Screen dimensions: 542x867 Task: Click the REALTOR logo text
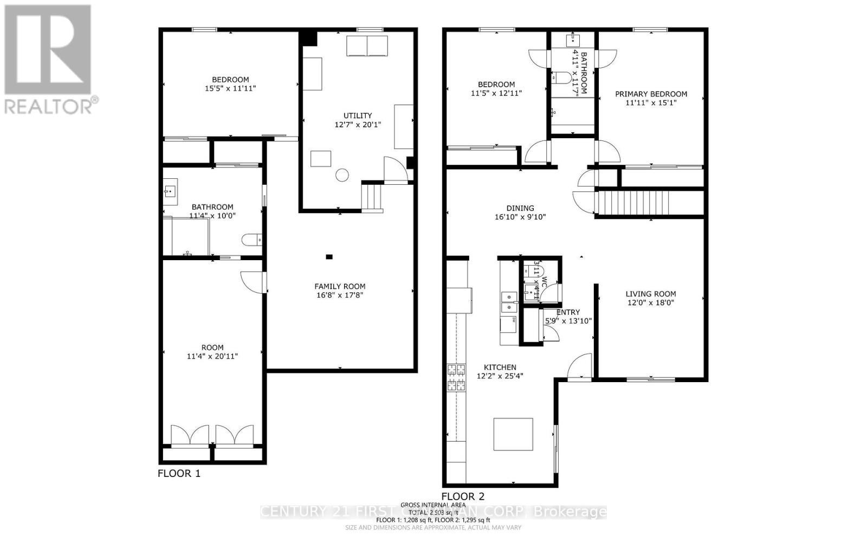tap(51, 106)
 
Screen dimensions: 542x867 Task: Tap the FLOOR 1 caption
tap(179, 474)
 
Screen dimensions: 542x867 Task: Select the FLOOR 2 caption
tap(463, 496)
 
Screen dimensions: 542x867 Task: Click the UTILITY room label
tap(358, 115)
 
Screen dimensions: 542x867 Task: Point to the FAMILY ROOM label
tap(340, 286)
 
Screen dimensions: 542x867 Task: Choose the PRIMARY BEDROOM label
tap(651, 94)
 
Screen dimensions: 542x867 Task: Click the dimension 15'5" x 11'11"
tap(230, 88)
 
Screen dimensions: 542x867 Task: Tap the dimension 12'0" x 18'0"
tap(650, 303)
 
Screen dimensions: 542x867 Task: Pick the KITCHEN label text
tap(500, 367)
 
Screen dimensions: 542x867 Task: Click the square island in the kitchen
tap(513, 434)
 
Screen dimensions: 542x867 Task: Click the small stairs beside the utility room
tap(372, 196)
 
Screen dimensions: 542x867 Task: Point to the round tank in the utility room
tap(342, 175)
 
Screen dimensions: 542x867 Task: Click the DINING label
tap(520, 208)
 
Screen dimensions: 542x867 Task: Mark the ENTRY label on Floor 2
tap(568, 312)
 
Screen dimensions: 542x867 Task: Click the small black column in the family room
tap(329, 256)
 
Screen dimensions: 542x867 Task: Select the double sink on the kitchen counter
tap(508, 301)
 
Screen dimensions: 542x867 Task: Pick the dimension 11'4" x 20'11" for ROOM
tap(212, 356)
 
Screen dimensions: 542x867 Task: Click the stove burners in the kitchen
tap(456, 377)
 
